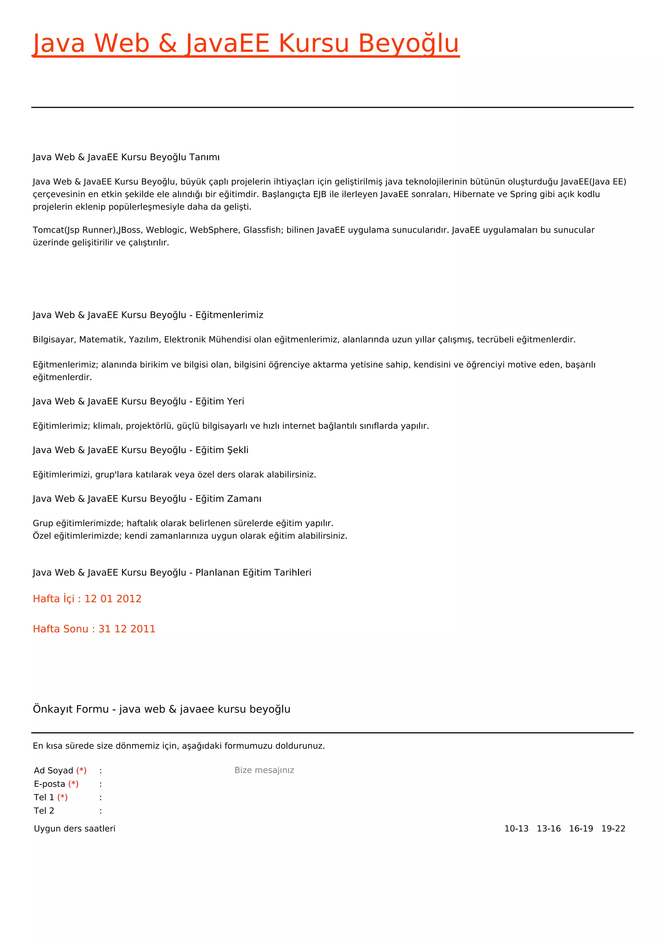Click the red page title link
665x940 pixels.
pos(246,43)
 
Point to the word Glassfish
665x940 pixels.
pos(262,230)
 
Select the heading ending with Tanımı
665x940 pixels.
pos(126,157)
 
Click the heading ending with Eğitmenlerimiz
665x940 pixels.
pos(148,315)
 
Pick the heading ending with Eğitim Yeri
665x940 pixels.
pos(138,401)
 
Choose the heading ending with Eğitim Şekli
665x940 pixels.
pos(141,450)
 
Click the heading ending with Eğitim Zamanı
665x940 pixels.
pos(147,499)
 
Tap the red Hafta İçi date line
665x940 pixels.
pos(87,599)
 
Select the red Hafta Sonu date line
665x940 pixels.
pos(94,629)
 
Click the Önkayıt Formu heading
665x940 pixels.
pos(161,709)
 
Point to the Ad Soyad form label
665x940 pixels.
pos(54,771)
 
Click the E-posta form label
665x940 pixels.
pos(50,784)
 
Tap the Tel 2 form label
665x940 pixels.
pos(44,810)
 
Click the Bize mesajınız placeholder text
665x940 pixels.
pos(264,770)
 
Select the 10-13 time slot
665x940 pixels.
pos(516,829)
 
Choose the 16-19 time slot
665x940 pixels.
pos(581,829)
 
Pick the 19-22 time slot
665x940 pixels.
pos(613,829)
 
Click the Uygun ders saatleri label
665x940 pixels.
pos(75,829)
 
